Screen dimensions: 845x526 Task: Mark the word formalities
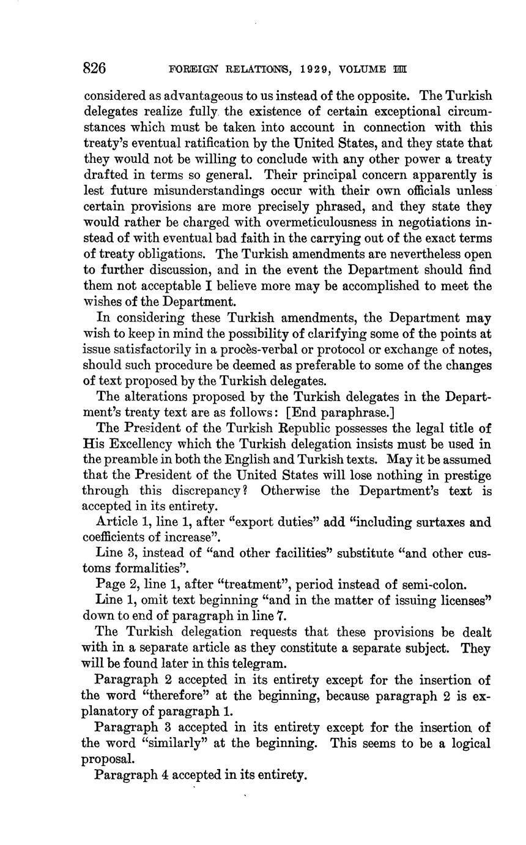[133, 569]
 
